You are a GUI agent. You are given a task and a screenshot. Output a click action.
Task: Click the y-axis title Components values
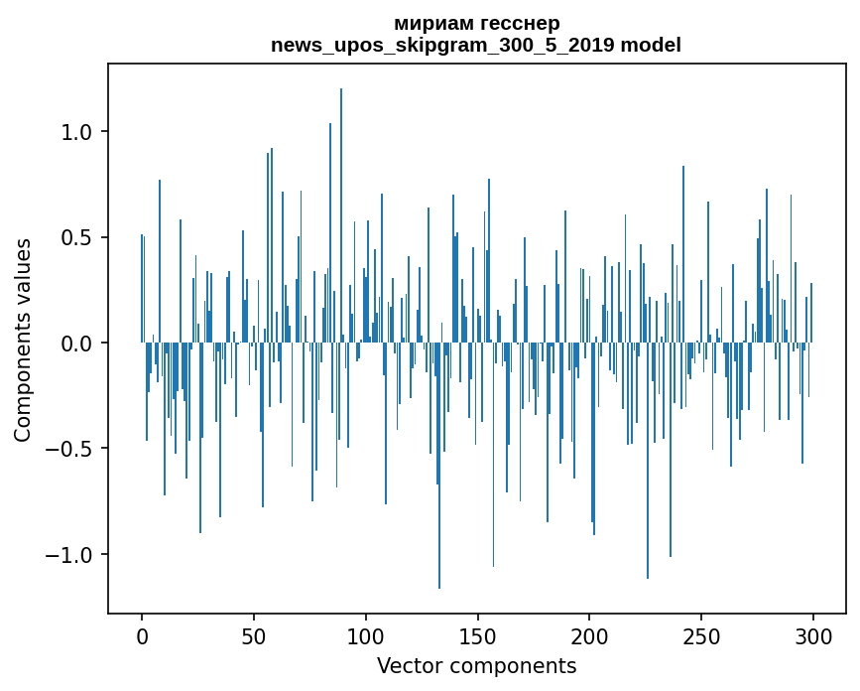[x=23, y=340]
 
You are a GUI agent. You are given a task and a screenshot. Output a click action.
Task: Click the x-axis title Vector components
[x=476, y=665]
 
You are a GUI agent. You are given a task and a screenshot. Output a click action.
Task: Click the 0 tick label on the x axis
[x=142, y=634]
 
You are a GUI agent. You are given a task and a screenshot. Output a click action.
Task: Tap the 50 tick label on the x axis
[x=254, y=634]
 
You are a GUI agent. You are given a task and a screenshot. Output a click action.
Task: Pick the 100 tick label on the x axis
[x=366, y=634]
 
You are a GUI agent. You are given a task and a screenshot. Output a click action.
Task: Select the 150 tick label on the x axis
[x=477, y=634]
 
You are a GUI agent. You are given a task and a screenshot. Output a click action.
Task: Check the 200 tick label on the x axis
[x=589, y=634]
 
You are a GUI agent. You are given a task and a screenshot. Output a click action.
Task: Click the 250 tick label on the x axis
[x=701, y=634]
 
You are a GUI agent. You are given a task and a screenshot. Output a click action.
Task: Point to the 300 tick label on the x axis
[x=813, y=634]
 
